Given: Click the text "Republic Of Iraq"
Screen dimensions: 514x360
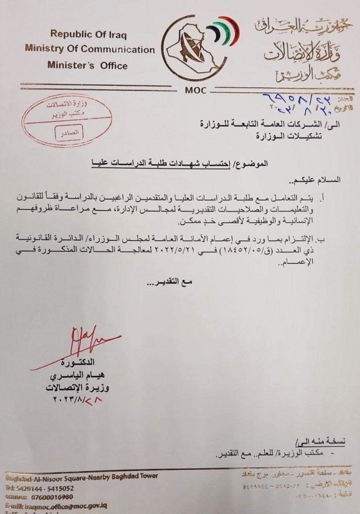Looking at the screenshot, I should [87, 34].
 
